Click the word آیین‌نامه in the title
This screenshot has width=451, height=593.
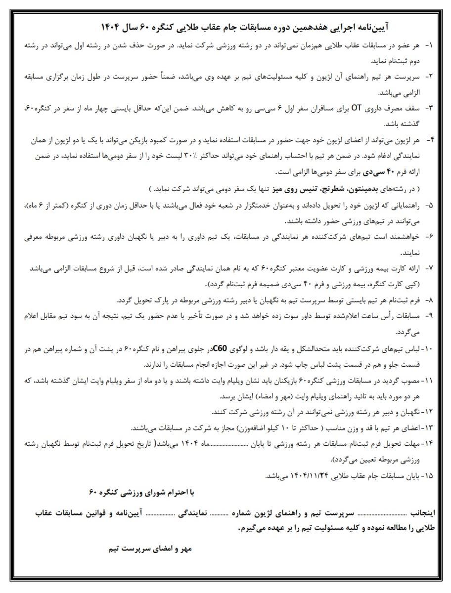click(375, 26)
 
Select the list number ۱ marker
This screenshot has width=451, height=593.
click(429, 45)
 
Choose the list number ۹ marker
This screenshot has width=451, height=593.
click(429, 315)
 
